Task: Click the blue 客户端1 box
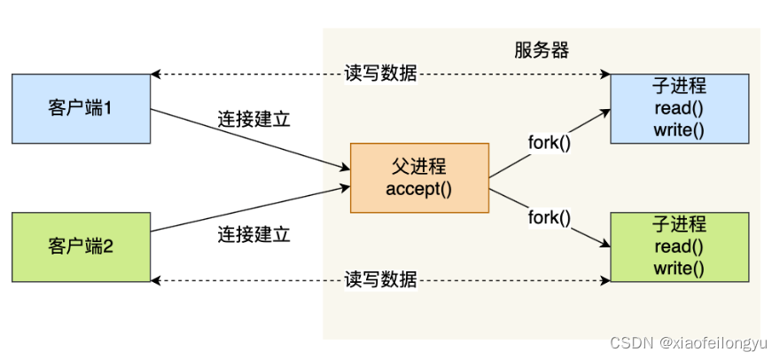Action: point(81,110)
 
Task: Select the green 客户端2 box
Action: point(81,246)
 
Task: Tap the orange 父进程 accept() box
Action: point(419,177)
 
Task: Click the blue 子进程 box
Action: point(679,108)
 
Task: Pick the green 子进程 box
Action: point(679,246)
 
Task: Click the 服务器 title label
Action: point(541,51)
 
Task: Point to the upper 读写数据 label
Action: point(380,74)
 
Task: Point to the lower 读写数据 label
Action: point(380,280)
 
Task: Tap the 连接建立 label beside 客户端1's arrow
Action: point(253,119)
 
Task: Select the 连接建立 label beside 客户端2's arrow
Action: point(253,235)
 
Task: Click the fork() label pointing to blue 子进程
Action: point(550,142)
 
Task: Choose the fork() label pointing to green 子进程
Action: point(550,215)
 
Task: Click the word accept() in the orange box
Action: point(419,188)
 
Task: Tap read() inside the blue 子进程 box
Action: point(679,109)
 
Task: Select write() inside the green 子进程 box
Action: point(679,268)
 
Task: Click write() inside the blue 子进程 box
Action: point(679,130)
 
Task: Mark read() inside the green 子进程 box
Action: point(679,247)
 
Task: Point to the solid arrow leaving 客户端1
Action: point(248,138)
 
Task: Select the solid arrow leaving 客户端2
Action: point(248,209)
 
